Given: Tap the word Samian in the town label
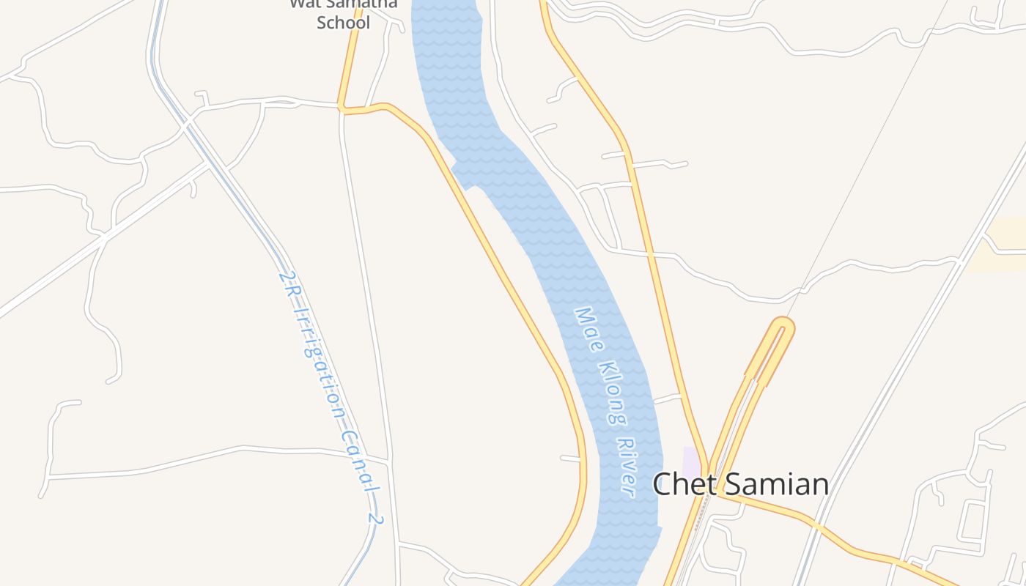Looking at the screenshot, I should [775, 484].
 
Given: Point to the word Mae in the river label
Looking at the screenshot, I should [587, 327].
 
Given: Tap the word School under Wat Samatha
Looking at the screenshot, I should [343, 22].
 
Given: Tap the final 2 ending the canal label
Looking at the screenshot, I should [375, 521].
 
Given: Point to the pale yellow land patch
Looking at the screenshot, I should [1000, 245].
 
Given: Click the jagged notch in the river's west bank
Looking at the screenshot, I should [460, 176].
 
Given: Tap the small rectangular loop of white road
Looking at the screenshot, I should [973, 519].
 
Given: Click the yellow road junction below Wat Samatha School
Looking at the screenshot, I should [342, 110].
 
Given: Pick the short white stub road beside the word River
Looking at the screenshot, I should [571, 459].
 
